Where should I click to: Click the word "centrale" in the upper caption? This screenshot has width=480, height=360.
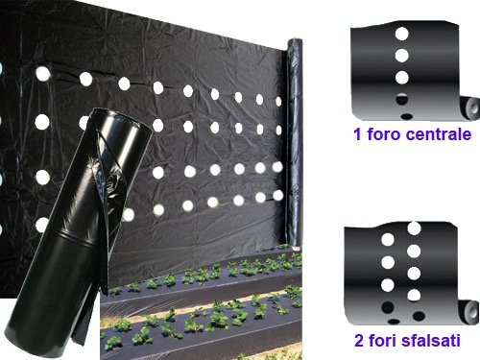(x=439, y=134)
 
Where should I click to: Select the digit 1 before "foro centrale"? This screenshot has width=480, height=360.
(x=357, y=134)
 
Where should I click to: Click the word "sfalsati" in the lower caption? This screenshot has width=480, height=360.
(x=431, y=340)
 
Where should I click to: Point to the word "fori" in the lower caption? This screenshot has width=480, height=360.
(x=382, y=340)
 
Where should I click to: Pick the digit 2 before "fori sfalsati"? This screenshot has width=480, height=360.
(x=359, y=341)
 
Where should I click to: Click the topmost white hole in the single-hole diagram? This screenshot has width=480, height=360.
(x=402, y=34)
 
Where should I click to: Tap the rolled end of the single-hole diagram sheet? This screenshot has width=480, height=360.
(x=471, y=108)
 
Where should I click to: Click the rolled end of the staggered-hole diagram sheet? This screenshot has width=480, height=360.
(x=470, y=311)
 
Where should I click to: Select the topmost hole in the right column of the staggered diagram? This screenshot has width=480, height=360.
(x=414, y=228)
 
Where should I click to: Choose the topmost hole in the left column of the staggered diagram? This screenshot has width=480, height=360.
(x=388, y=240)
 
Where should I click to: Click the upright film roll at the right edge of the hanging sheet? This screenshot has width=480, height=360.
(x=294, y=141)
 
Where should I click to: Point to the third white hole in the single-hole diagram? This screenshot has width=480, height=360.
(x=402, y=78)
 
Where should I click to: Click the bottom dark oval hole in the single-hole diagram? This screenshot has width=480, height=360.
(x=407, y=116)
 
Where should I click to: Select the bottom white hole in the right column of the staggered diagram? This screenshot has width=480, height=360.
(x=414, y=295)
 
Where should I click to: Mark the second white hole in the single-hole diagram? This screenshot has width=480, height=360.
(x=402, y=56)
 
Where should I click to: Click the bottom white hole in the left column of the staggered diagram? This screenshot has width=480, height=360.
(x=388, y=285)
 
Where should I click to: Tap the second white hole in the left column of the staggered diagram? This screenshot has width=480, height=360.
(x=388, y=262)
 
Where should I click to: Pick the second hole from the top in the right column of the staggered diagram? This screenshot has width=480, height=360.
(x=414, y=251)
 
